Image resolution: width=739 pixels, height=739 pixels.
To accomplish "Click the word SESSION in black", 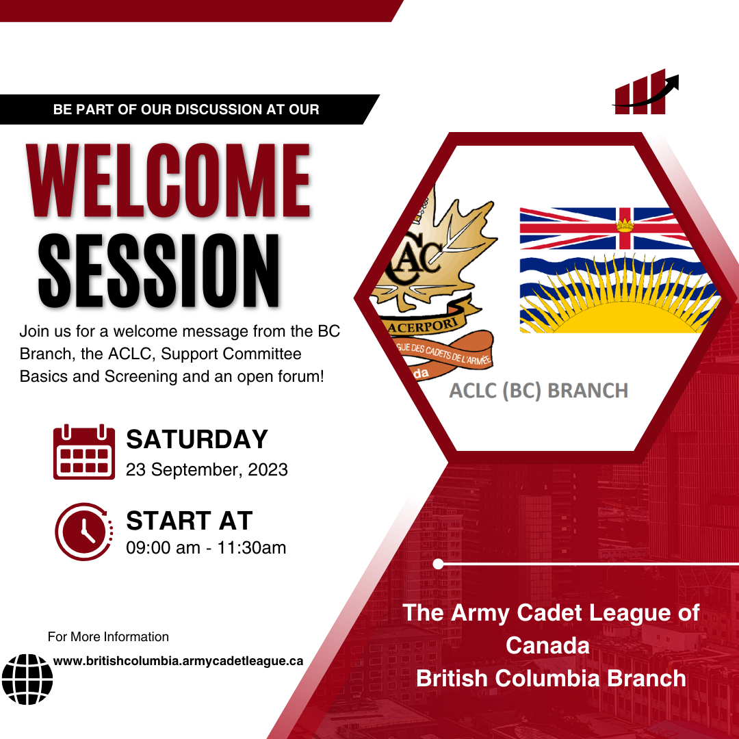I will pyautogui.click(x=159, y=270).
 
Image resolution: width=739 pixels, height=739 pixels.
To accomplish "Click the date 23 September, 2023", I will pyautogui.click(x=207, y=470).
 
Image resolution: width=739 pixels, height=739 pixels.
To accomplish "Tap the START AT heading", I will pyautogui.click(x=189, y=521).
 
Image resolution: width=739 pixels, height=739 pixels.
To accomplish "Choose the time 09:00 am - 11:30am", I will pyautogui.click(x=206, y=547).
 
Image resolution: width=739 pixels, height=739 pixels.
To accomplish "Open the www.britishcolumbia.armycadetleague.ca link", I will pyautogui.click(x=178, y=661).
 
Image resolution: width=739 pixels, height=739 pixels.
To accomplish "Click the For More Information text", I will pyautogui.click(x=108, y=636).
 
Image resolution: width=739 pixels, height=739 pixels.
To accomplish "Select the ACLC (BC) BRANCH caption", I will pyautogui.click(x=538, y=391).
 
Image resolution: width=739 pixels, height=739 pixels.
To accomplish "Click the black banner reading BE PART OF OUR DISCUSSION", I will pyautogui.click(x=186, y=109).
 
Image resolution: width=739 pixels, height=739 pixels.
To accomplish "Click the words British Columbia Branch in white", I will pyautogui.click(x=551, y=677).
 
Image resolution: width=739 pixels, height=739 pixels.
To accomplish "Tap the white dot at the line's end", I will pyautogui.click(x=439, y=564).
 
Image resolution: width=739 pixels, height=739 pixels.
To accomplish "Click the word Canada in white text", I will pyautogui.click(x=547, y=645).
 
